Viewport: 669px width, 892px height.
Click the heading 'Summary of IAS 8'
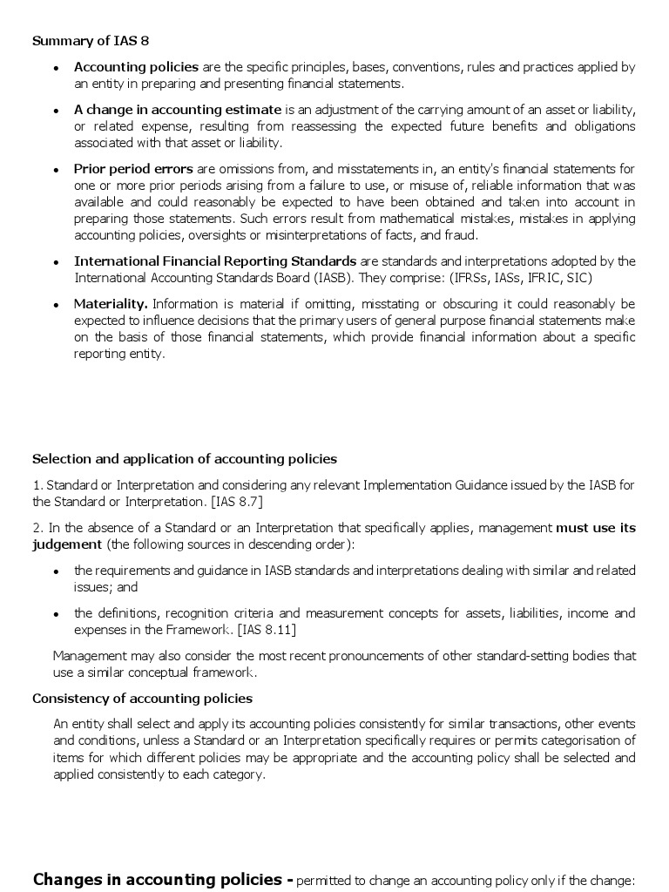(x=84, y=40)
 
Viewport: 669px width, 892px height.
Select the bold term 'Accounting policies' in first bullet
(x=136, y=67)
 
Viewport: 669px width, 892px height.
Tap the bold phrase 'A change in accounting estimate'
(x=178, y=110)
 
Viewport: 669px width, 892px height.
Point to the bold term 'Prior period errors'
(x=134, y=169)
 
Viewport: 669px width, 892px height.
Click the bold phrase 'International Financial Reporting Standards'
(x=215, y=261)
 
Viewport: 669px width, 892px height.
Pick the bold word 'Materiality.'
(x=111, y=304)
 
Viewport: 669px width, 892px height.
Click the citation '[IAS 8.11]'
(x=271, y=630)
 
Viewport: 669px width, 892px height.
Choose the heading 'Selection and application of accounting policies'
(x=185, y=459)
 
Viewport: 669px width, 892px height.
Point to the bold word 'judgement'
(x=67, y=544)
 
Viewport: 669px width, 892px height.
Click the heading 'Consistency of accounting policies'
(x=142, y=699)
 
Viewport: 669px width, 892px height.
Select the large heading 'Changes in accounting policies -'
(x=163, y=879)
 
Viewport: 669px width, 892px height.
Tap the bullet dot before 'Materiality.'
(x=56, y=305)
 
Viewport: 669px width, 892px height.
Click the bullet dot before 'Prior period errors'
(x=56, y=170)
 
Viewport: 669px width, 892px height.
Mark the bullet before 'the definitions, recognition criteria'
(x=56, y=614)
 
